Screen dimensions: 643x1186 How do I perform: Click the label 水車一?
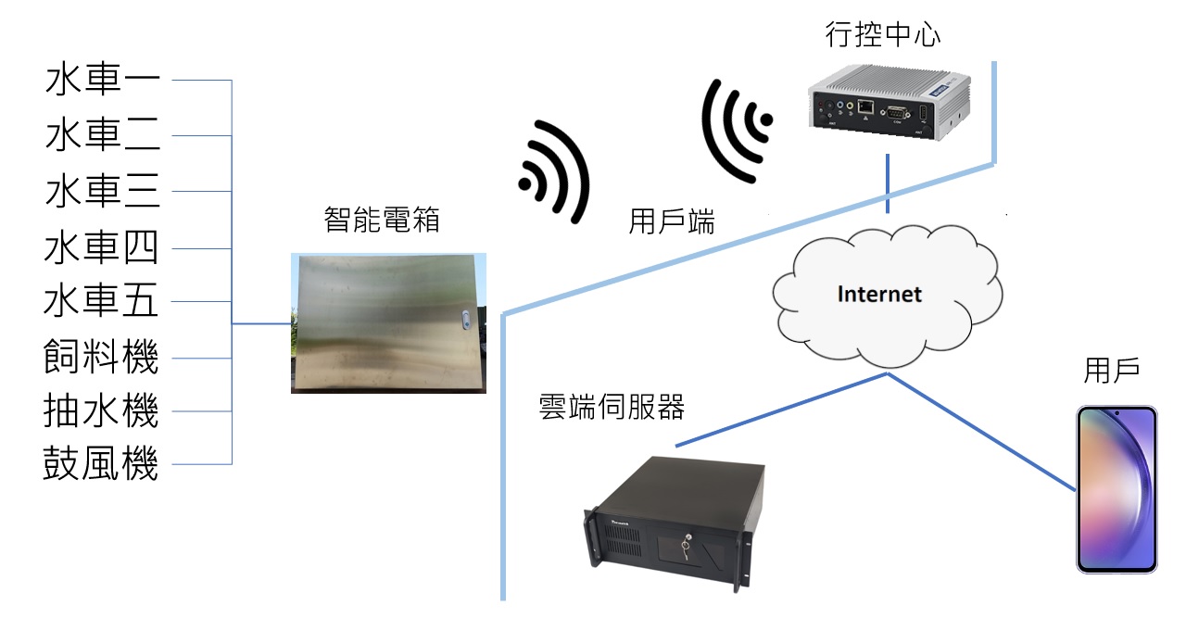click(102, 80)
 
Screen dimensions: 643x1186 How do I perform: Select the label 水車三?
click(102, 192)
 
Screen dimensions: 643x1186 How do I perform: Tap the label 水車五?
click(102, 302)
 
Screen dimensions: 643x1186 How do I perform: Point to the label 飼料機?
click(102, 358)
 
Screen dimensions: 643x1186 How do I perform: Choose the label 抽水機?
click(102, 410)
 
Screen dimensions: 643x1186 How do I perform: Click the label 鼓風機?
click(102, 464)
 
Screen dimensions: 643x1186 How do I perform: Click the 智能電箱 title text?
click(382, 220)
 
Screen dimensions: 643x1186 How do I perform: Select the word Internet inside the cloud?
click(879, 295)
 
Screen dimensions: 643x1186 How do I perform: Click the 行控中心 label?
click(882, 36)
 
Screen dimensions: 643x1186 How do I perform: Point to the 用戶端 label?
click(672, 222)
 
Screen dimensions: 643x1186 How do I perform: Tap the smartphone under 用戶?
click(1117, 489)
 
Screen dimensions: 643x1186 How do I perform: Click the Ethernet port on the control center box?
click(865, 107)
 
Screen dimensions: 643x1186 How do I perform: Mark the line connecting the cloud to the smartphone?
click(982, 431)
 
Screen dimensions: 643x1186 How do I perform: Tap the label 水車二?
click(102, 136)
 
